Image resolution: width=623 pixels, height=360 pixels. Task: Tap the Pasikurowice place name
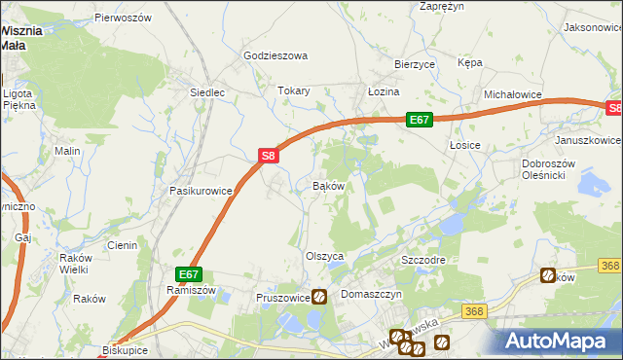point(201,191)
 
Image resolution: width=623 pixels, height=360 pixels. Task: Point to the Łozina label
point(384,91)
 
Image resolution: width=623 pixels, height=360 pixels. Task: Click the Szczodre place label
point(423,262)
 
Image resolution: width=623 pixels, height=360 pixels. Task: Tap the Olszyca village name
point(325,256)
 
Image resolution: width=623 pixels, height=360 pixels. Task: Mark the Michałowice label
point(512,94)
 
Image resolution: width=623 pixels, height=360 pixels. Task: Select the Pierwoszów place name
point(124,18)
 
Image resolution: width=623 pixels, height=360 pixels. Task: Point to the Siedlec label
point(207,92)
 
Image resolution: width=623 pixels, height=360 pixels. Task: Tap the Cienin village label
point(122,245)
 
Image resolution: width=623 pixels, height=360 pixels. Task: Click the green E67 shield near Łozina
point(419,120)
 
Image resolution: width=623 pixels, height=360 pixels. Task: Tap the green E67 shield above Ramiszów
point(189,274)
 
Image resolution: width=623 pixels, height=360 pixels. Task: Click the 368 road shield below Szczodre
point(474,311)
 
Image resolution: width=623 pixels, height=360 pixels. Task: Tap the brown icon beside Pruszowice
point(319,297)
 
